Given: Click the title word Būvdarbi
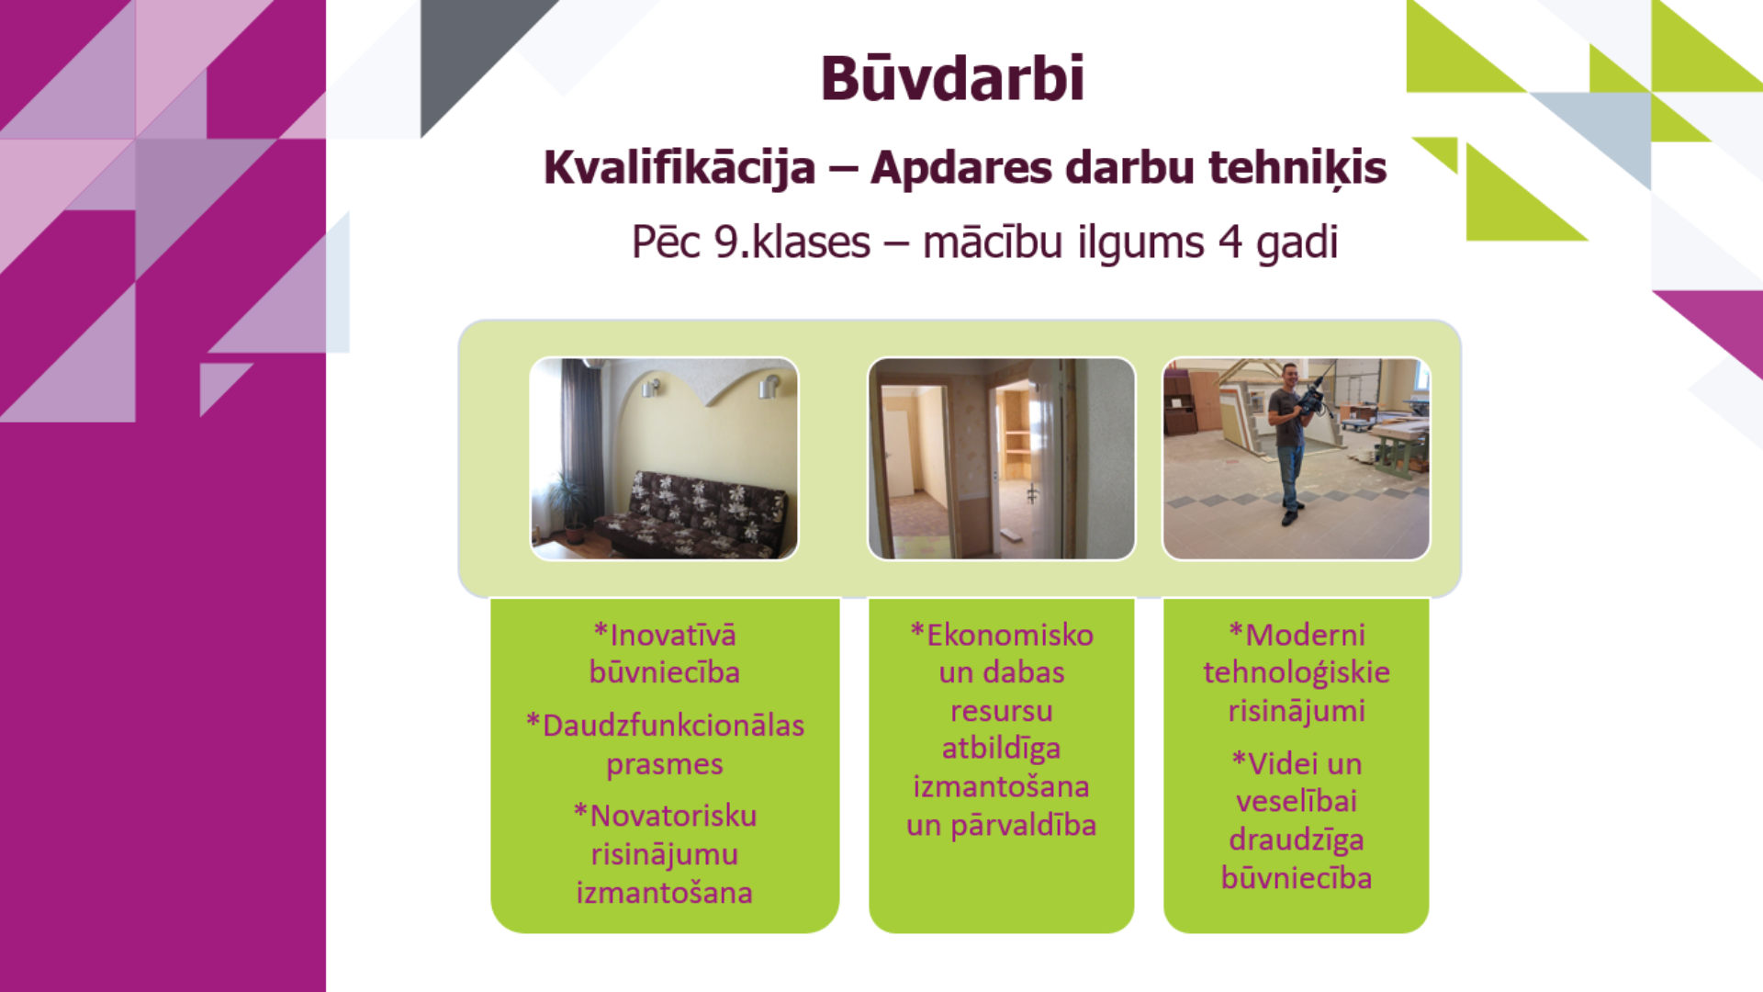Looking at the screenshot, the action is click(x=952, y=78).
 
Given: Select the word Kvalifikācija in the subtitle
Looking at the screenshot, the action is click(x=679, y=168).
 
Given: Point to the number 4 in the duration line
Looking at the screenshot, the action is click(x=1230, y=242).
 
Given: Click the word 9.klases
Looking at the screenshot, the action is click(x=792, y=242).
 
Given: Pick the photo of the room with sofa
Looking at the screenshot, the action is click(x=665, y=458).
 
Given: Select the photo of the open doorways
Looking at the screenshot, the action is click(x=1002, y=458).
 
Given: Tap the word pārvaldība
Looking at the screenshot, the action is click(x=1023, y=826).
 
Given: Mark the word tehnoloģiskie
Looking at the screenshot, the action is click(x=1297, y=673).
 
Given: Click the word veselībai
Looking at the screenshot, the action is click(x=1297, y=801).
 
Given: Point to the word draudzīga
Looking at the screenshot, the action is click(x=1297, y=840).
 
